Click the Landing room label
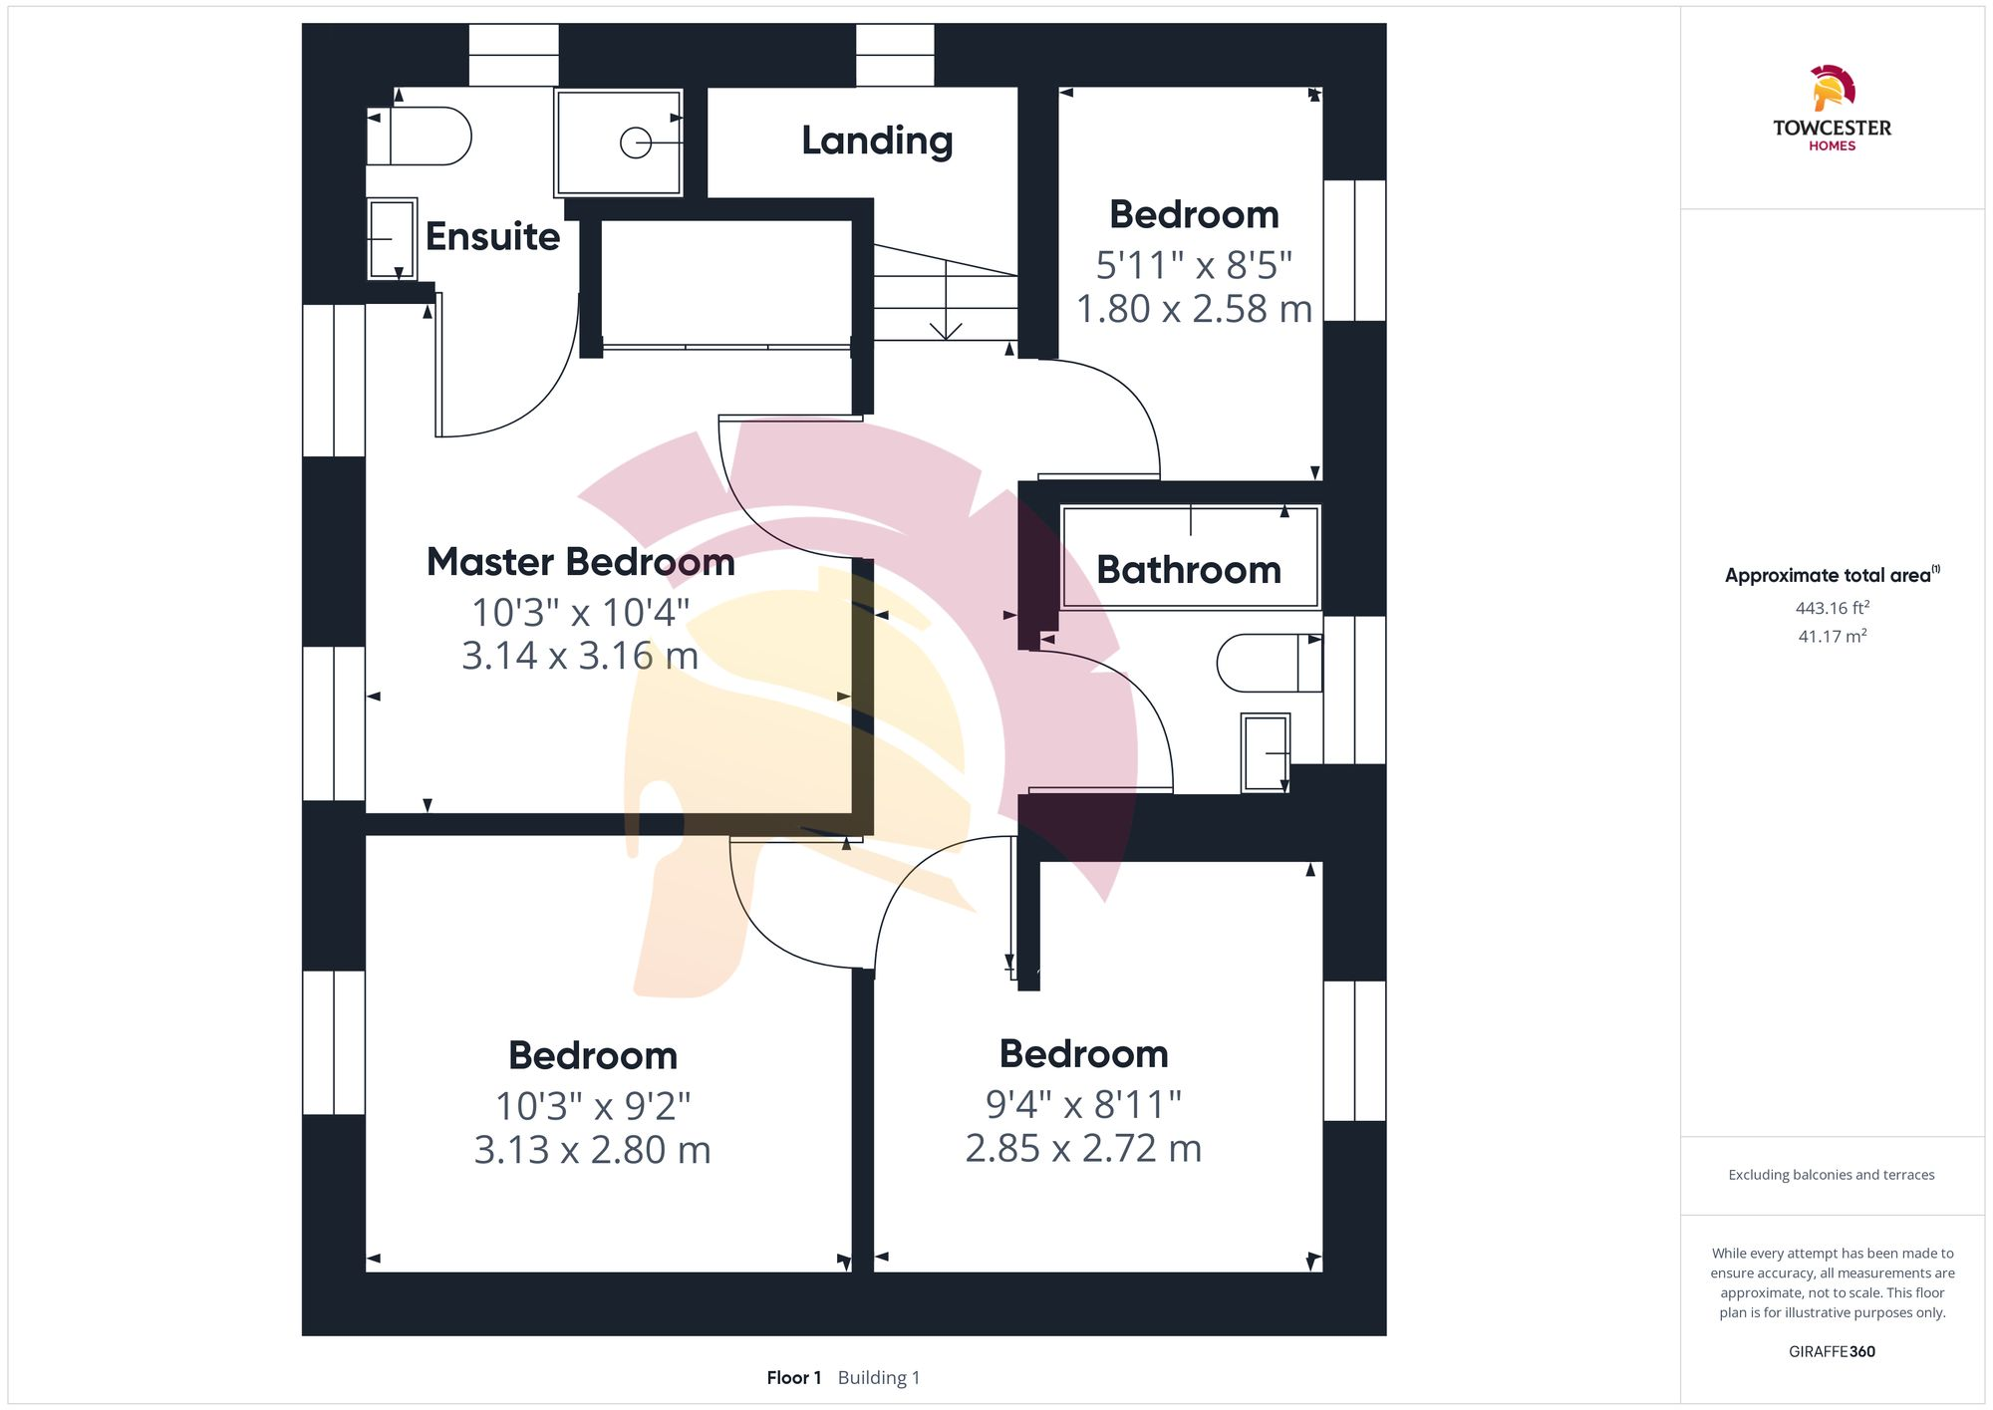877,141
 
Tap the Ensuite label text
492,237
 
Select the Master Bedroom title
580,562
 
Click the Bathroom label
1188,570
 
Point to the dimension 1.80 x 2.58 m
1194,309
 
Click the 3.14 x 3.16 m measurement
580,656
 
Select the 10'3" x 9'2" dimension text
593,1106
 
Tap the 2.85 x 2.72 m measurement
1083,1149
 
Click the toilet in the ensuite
423,137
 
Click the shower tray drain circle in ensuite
635,143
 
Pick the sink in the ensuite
392,239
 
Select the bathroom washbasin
1266,753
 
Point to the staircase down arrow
946,328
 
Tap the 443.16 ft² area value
1832,608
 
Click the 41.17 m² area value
1832,636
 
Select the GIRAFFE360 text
1832,1352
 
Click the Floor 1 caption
793,1378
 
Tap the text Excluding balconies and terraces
1832,1175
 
